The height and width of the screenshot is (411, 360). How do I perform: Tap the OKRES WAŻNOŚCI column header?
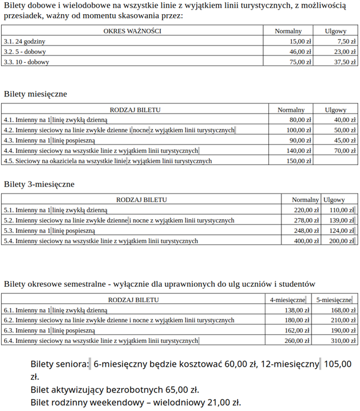click(132, 31)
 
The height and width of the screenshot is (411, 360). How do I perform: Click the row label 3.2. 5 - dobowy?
click(25, 52)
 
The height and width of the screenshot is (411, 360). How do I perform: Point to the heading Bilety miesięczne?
click(35, 94)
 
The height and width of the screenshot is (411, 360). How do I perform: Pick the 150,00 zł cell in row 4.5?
click(299, 161)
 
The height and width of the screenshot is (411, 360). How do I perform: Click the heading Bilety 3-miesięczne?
click(39, 184)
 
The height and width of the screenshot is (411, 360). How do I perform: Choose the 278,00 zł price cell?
click(306, 221)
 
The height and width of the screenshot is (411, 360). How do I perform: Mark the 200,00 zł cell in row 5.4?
click(341, 241)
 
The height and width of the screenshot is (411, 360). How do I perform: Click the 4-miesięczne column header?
click(287, 300)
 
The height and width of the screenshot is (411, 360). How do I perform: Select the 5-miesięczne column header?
click(333, 300)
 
